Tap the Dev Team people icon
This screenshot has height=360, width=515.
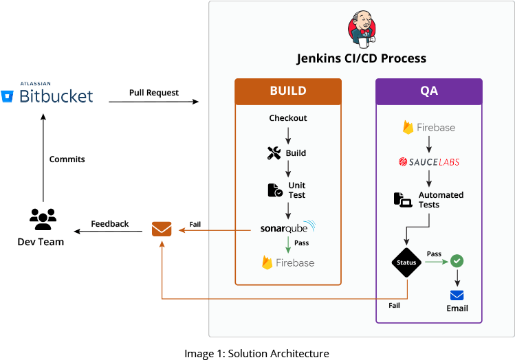click(43, 219)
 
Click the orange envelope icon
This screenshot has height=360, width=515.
click(162, 229)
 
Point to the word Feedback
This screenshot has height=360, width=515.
click(110, 224)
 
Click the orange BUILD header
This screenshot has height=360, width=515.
click(288, 91)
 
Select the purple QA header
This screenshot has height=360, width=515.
click(428, 91)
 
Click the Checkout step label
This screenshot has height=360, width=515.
click(288, 118)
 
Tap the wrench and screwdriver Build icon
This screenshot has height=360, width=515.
click(274, 153)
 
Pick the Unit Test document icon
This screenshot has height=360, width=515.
click(274, 190)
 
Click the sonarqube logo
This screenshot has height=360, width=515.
click(288, 227)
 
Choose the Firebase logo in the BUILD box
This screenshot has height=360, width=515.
click(288, 262)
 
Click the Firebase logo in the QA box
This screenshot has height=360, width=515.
click(429, 127)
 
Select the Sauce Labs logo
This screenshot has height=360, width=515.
click(429, 162)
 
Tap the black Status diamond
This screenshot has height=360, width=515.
click(406, 262)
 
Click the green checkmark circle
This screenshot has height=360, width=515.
click(457, 261)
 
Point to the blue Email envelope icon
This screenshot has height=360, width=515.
click(457, 295)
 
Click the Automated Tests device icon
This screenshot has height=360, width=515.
click(402, 199)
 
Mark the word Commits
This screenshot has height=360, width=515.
click(67, 159)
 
